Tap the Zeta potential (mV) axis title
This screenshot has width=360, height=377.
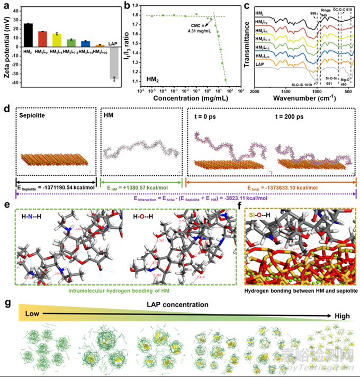pyautogui.click(x=6, y=46)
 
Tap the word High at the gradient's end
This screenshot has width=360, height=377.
pyautogui.click(x=340, y=316)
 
